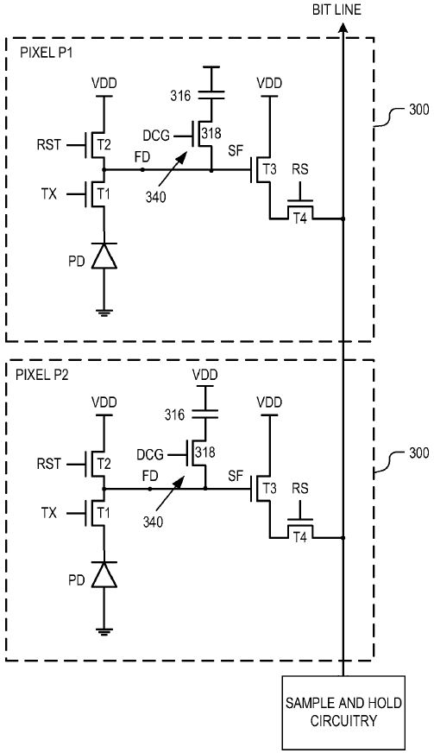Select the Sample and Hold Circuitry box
(x=344, y=713)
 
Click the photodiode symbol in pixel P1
(x=104, y=256)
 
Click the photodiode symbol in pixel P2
(x=104, y=574)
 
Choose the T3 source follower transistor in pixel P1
(x=262, y=170)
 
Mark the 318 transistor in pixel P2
(x=204, y=452)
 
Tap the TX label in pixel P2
(x=48, y=513)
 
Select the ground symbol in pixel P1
(x=104, y=313)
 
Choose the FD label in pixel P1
(x=143, y=158)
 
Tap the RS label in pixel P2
(x=301, y=510)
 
